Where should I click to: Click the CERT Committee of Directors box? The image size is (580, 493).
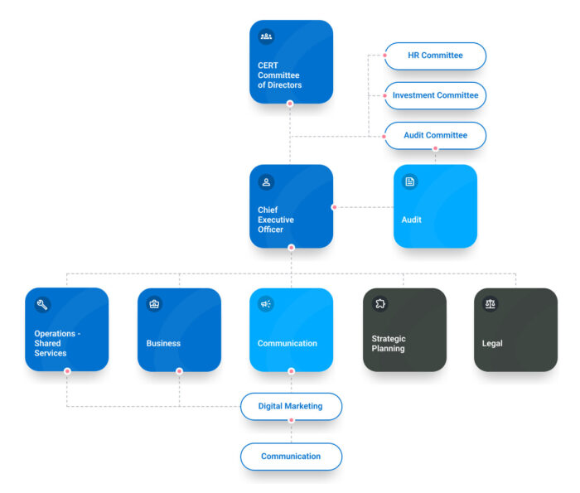[291, 62]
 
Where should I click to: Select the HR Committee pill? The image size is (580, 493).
[435, 56]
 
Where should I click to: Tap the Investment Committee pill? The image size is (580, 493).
[435, 95]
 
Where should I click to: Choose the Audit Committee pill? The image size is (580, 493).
[435, 135]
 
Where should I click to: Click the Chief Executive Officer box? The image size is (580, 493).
[291, 206]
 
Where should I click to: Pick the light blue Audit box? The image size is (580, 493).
[435, 206]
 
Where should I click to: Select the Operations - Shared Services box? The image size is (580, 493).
[67, 329]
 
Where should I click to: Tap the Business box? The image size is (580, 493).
[179, 329]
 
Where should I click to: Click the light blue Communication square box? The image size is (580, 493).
[291, 329]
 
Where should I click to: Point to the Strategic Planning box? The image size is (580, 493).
[404, 329]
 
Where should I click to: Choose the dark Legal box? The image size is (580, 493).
[515, 329]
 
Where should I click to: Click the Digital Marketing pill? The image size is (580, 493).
[291, 406]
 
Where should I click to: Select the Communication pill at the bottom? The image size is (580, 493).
[291, 457]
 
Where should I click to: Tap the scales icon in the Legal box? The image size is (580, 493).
[491, 304]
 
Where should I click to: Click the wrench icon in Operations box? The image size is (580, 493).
[42, 304]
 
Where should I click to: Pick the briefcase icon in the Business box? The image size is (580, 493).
[154, 304]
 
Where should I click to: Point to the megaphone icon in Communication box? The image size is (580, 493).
[266, 304]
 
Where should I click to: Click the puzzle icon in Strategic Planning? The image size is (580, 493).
[379, 304]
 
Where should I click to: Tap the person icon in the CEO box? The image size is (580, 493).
[266, 181]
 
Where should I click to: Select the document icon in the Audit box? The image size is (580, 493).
[409, 181]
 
